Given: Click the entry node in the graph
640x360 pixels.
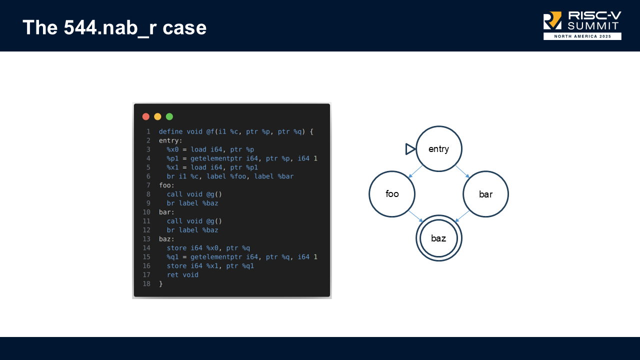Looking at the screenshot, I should pos(438,149).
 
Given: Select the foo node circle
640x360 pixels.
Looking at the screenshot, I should pos(392,194).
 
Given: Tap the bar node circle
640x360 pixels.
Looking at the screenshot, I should pos(485,194).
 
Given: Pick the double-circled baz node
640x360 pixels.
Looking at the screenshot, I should pos(438,238).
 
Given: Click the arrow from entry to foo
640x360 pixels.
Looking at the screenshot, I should pos(415,171).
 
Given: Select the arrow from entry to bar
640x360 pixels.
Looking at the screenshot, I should pos(462,171).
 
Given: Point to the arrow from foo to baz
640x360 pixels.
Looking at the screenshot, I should pos(416,216).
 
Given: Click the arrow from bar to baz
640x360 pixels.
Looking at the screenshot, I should pos(462,216).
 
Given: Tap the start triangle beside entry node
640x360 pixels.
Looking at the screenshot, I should pos(410,149).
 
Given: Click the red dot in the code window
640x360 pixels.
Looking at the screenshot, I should pos(146,116).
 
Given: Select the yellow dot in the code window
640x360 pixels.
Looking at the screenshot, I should pos(157,116).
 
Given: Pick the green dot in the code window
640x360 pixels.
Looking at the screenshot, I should pos(169,116).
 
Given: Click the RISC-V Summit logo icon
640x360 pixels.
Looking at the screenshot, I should pos(552,20).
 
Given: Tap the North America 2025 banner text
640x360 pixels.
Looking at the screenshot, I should pos(582,36).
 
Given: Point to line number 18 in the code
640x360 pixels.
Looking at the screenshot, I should pos(146,284).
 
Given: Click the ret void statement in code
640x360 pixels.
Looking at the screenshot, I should pos(182,275).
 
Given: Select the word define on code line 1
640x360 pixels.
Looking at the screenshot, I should pos(170,131).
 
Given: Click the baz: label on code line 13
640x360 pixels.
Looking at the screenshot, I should pos(166,239).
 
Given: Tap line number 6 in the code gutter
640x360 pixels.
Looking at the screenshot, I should pos(148,176).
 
